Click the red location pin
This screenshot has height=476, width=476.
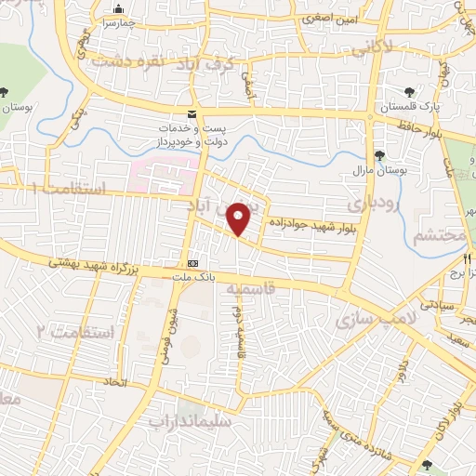click(x=239, y=218)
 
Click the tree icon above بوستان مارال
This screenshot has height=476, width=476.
click(x=378, y=155)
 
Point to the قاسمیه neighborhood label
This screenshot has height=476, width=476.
click(x=246, y=290)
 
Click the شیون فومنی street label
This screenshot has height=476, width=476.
click(x=174, y=330)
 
